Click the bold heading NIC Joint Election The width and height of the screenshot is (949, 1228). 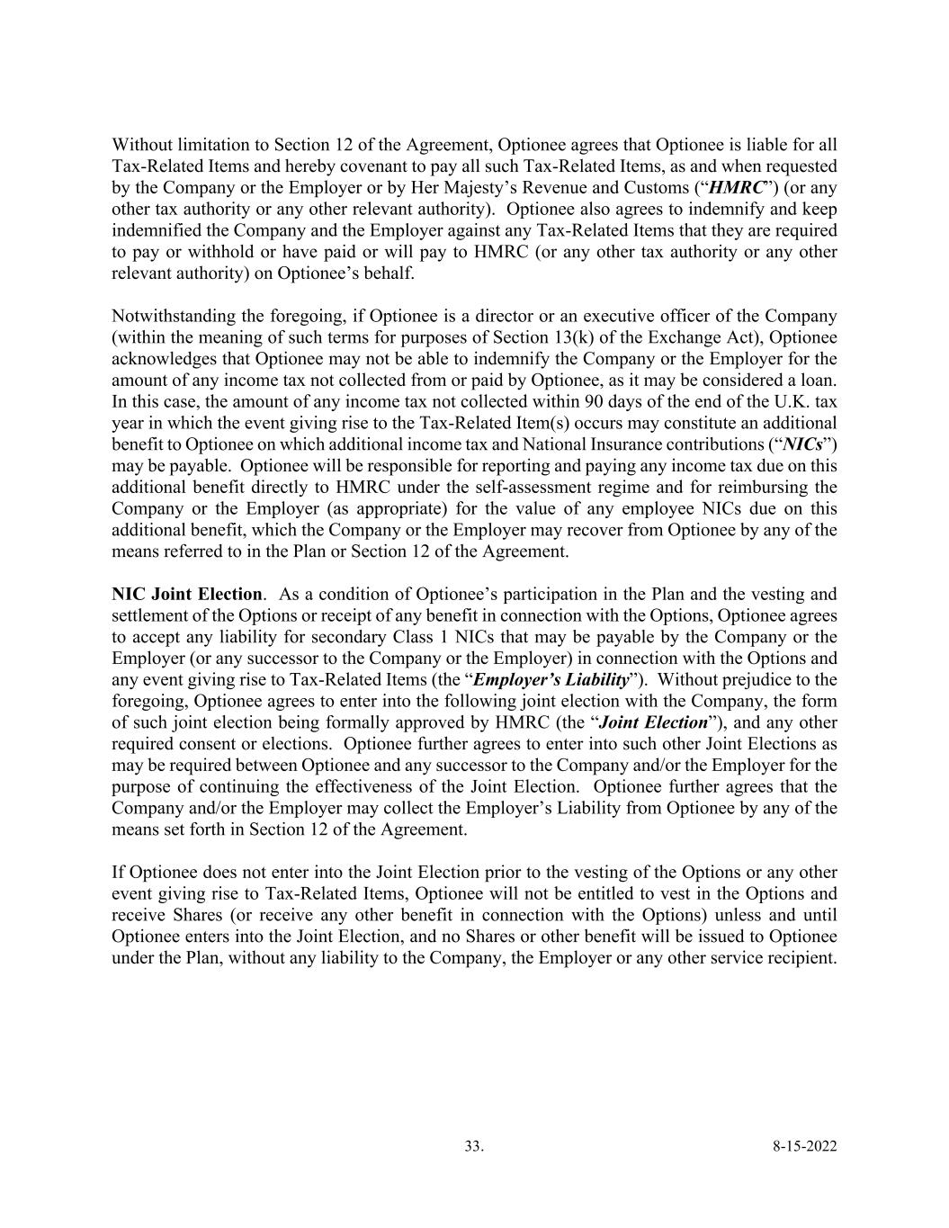pos(187,595)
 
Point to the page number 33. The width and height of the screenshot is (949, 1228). pos(473,1146)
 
